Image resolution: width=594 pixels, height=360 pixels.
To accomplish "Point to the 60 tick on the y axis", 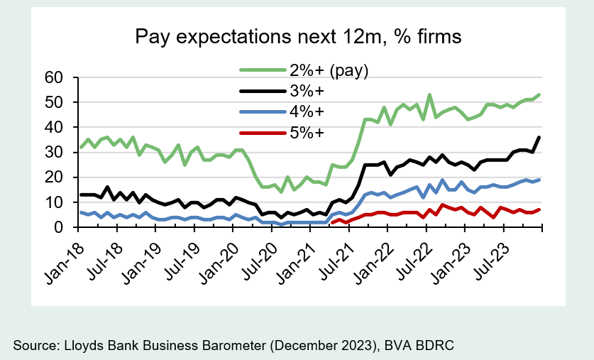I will [54, 77].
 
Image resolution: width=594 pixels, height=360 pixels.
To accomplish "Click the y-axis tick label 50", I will [54, 102].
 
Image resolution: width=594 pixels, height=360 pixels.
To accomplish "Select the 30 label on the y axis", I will [54, 152].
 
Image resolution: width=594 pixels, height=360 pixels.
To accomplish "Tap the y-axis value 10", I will [54, 202].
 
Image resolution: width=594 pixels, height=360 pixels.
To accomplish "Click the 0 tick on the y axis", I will [60, 227].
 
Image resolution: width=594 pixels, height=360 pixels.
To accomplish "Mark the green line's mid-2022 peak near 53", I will [429, 94].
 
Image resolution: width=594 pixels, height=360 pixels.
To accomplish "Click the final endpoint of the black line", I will [539, 137].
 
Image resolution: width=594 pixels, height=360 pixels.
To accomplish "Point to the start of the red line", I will [332, 223].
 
